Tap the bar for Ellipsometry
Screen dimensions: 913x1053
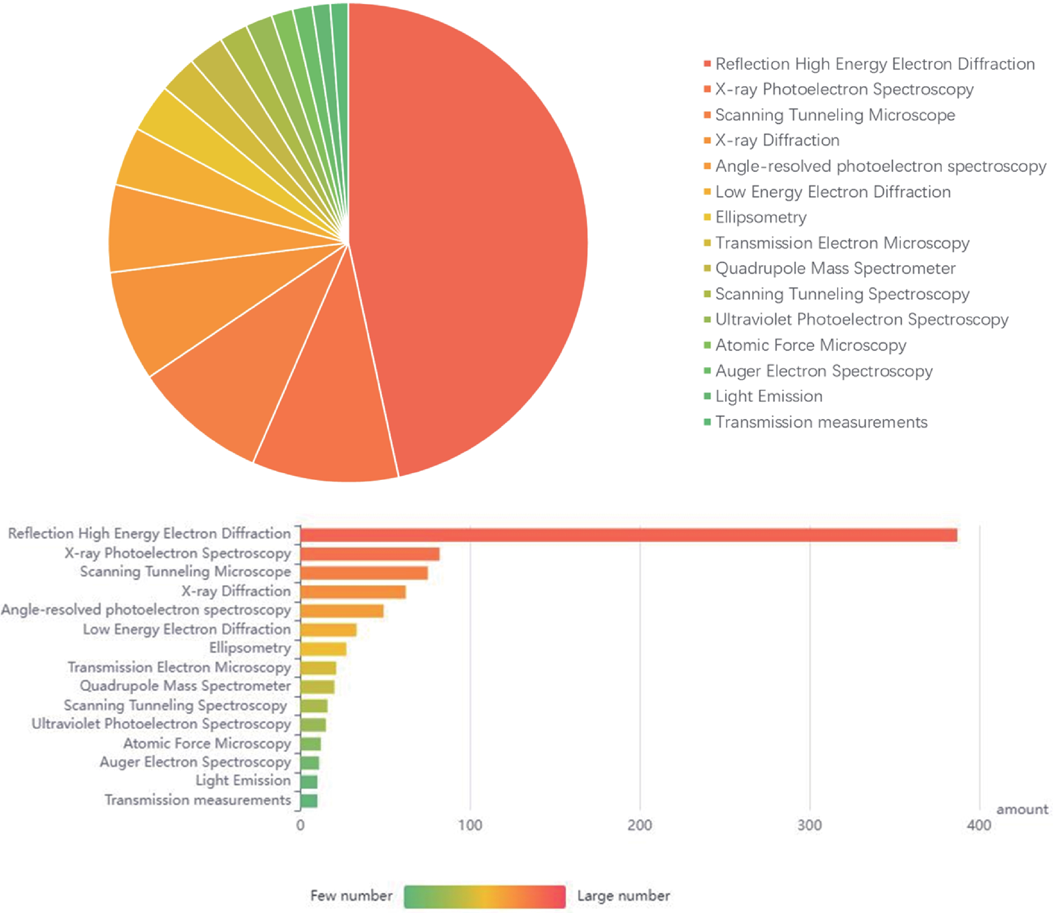pyautogui.click(x=323, y=649)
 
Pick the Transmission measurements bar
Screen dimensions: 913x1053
pyautogui.click(x=309, y=800)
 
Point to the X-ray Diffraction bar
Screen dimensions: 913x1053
pyautogui.click(x=353, y=592)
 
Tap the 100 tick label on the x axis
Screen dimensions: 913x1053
pyautogui.click(x=469, y=825)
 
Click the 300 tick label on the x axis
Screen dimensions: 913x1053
pyautogui.click(x=809, y=825)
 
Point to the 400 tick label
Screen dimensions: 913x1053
pyautogui.click(x=978, y=825)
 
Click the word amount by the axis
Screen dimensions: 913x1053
pyautogui.click(x=1022, y=809)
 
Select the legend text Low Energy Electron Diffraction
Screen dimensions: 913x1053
pyautogui.click(x=833, y=191)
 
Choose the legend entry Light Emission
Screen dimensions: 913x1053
pyautogui.click(x=769, y=396)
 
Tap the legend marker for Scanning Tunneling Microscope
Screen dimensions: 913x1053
pyautogui.click(x=707, y=115)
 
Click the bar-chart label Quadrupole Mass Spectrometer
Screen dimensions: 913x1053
pyautogui.click(x=185, y=686)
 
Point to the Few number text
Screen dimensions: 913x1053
pyautogui.click(x=351, y=895)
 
